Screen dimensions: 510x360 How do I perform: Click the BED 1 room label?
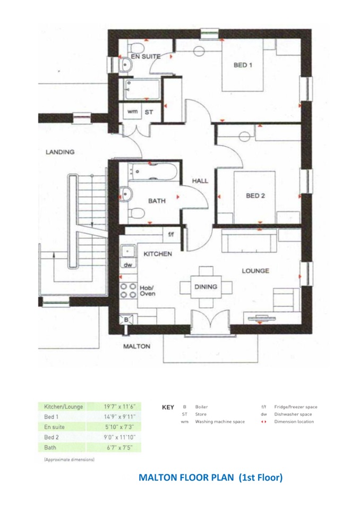click(x=243, y=65)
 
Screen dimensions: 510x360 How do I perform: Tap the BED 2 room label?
click(x=255, y=195)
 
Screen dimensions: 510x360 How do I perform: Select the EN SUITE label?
click(x=145, y=56)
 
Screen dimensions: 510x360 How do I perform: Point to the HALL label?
click(x=200, y=181)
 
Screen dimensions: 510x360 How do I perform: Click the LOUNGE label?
click(x=255, y=270)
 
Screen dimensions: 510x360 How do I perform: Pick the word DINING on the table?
click(x=205, y=287)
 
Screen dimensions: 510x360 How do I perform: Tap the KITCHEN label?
click(x=157, y=253)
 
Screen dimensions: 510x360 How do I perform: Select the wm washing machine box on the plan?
click(x=132, y=112)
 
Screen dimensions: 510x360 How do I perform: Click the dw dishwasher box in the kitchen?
click(x=128, y=263)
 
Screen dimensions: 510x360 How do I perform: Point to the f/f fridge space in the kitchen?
click(x=171, y=234)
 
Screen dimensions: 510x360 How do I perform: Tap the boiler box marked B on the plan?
click(x=126, y=320)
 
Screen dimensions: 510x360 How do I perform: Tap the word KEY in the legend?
click(x=168, y=407)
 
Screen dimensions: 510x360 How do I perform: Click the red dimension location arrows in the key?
click(x=264, y=422)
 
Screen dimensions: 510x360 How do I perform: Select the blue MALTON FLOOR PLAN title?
click(x=210, y=478)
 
